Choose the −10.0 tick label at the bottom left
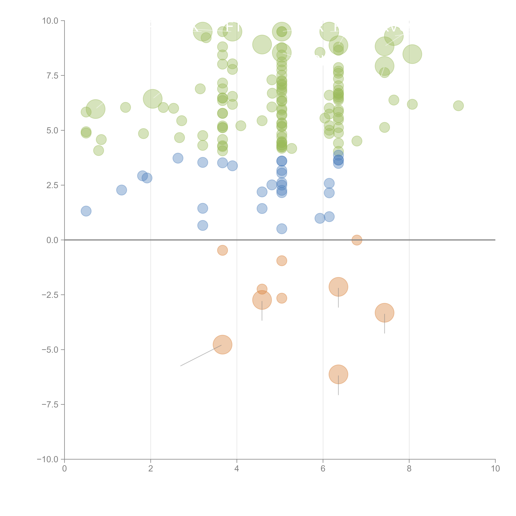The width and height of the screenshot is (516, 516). tap(48, 459)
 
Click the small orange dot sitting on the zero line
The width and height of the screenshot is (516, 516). tap(357, 240)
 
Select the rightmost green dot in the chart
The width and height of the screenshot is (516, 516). tap(458, 105)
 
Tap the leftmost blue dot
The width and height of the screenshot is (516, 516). tap(86, 211)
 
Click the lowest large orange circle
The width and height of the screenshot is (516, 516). tap(338, 374)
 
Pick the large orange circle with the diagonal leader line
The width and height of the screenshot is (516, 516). tap(222, 345)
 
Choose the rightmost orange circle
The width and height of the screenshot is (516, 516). tap(384, 313)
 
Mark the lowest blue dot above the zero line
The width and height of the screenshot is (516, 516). tap(282, 229)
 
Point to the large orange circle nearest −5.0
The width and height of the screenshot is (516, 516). tap(222, 345)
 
